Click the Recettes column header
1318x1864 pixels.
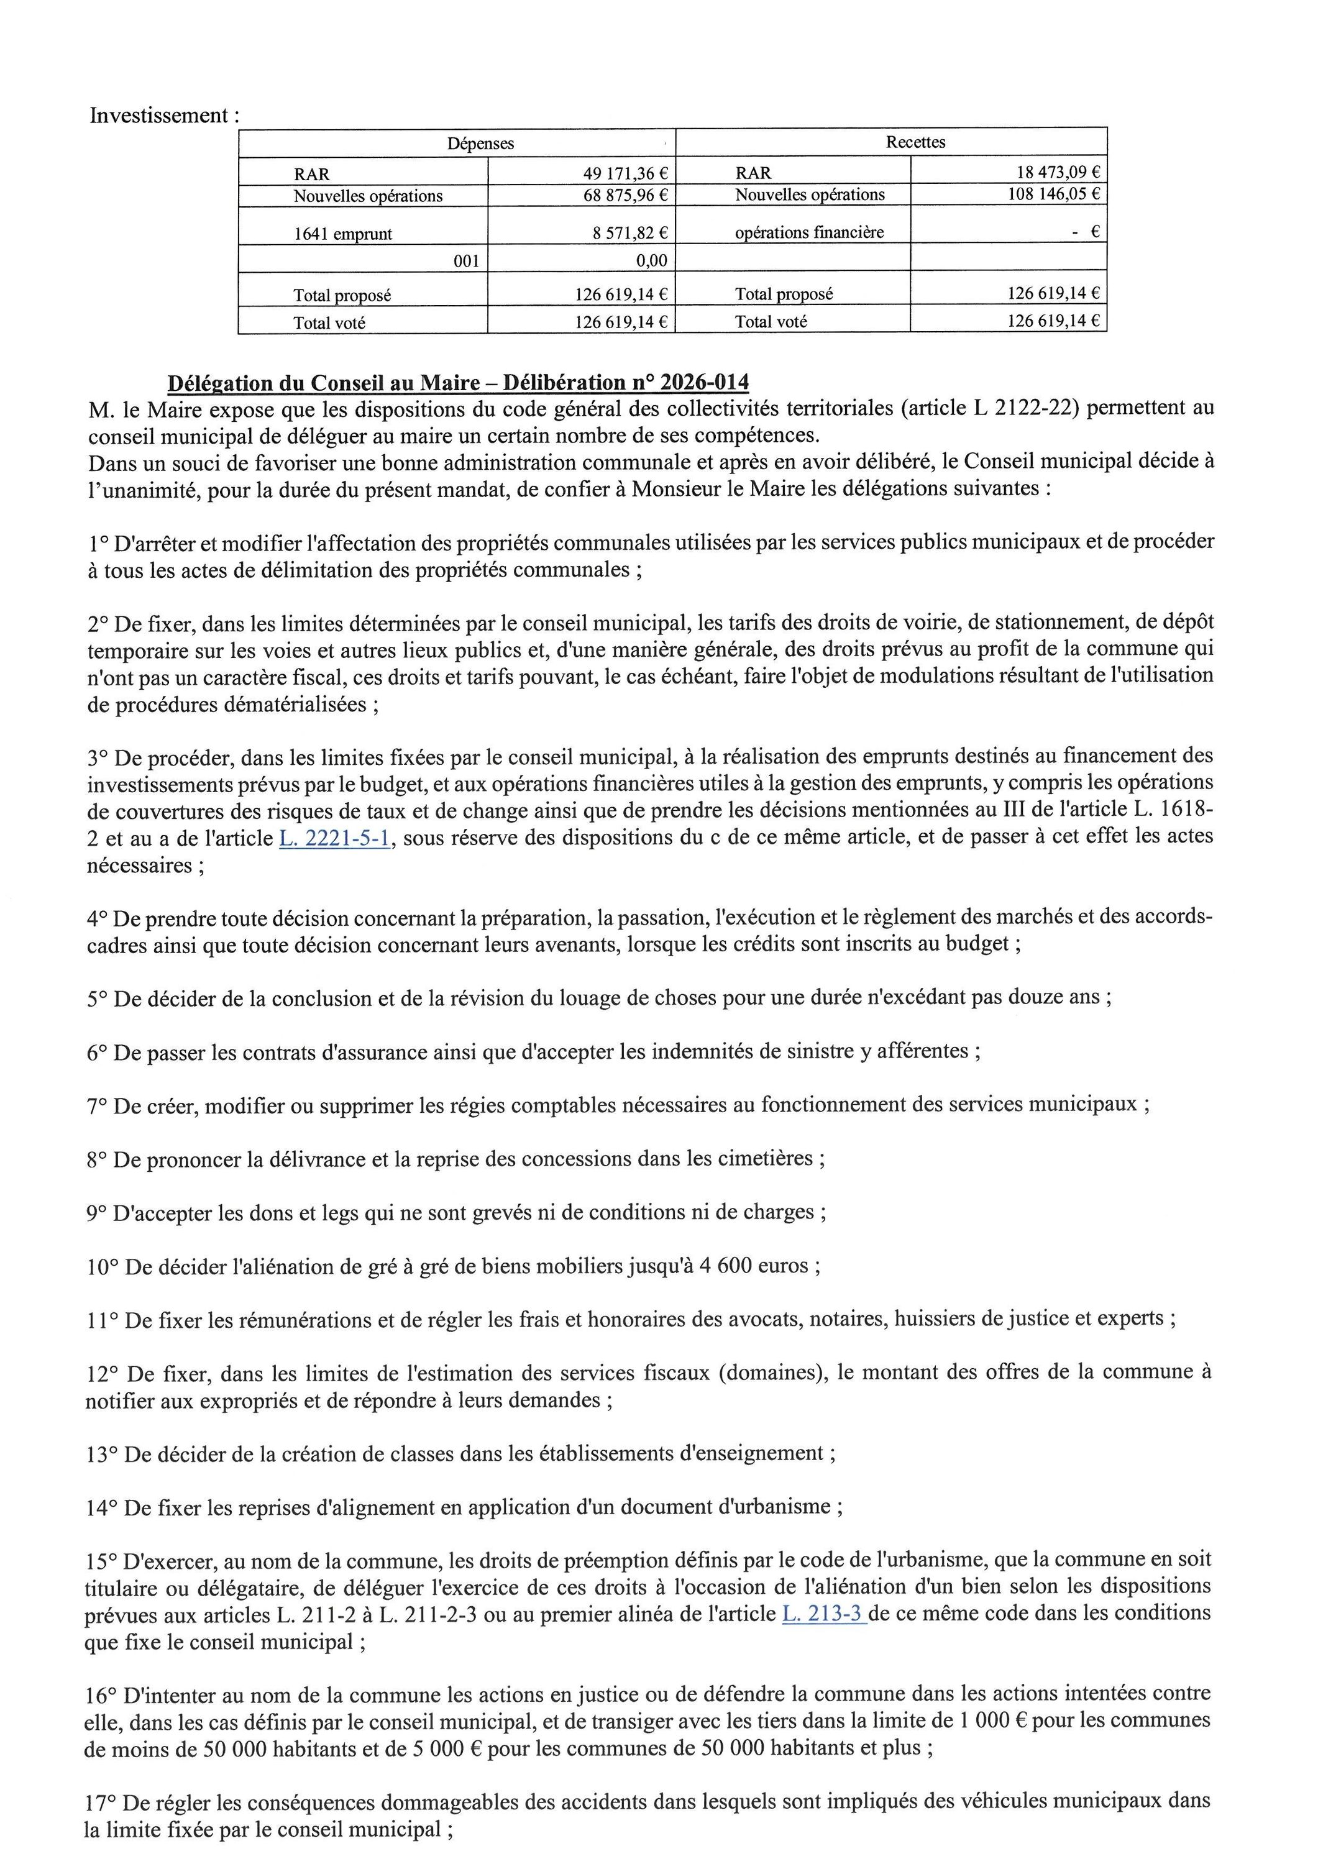click(x=915, y=142)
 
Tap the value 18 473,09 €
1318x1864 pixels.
click(x=1058, y=172)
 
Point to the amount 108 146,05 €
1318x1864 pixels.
click(x=1053, y=194)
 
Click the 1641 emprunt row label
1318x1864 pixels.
click(x=342, y=234)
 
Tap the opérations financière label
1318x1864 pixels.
click(x=809, y=232)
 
